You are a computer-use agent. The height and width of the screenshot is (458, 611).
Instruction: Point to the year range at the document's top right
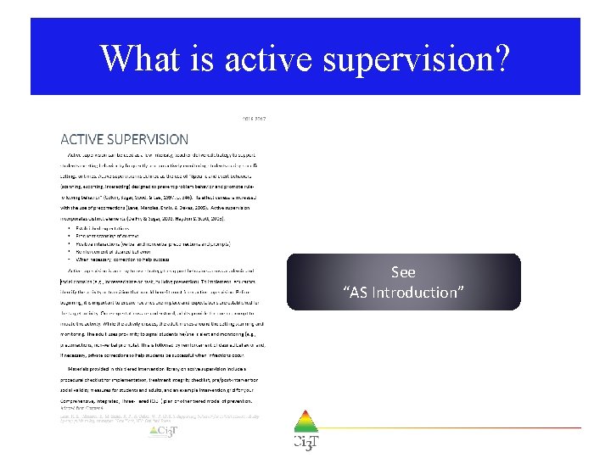point(255,120)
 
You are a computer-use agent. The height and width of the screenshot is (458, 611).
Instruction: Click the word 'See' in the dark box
point(403,272)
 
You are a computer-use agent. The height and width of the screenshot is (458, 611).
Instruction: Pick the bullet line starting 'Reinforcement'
point(128,250)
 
